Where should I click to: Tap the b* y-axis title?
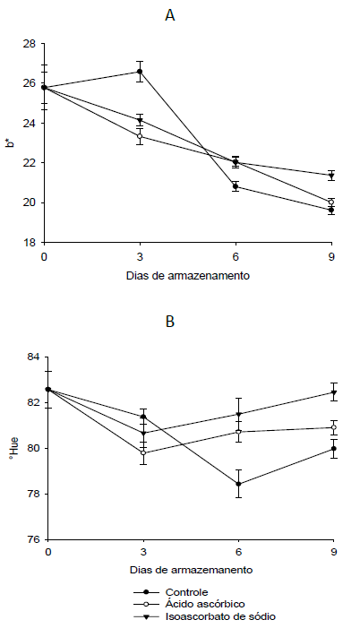(11, 142)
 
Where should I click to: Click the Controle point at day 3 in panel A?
(140, 72)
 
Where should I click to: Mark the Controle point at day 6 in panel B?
(237, 484)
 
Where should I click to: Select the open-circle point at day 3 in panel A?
(140, 136)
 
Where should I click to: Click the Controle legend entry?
(186, 591)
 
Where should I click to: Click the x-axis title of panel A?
(188, 276)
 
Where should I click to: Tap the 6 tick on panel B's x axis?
(237, 552)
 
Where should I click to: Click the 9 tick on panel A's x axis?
(331, 254)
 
